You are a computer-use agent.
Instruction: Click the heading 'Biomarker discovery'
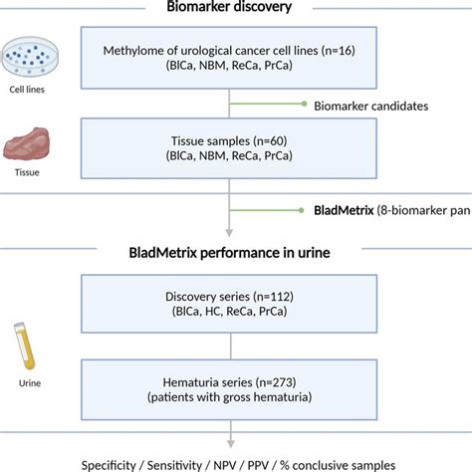pyautogui.click(x=230, y=9)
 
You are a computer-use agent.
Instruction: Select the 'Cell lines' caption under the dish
pyautogui.click(x=26, y=88)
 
